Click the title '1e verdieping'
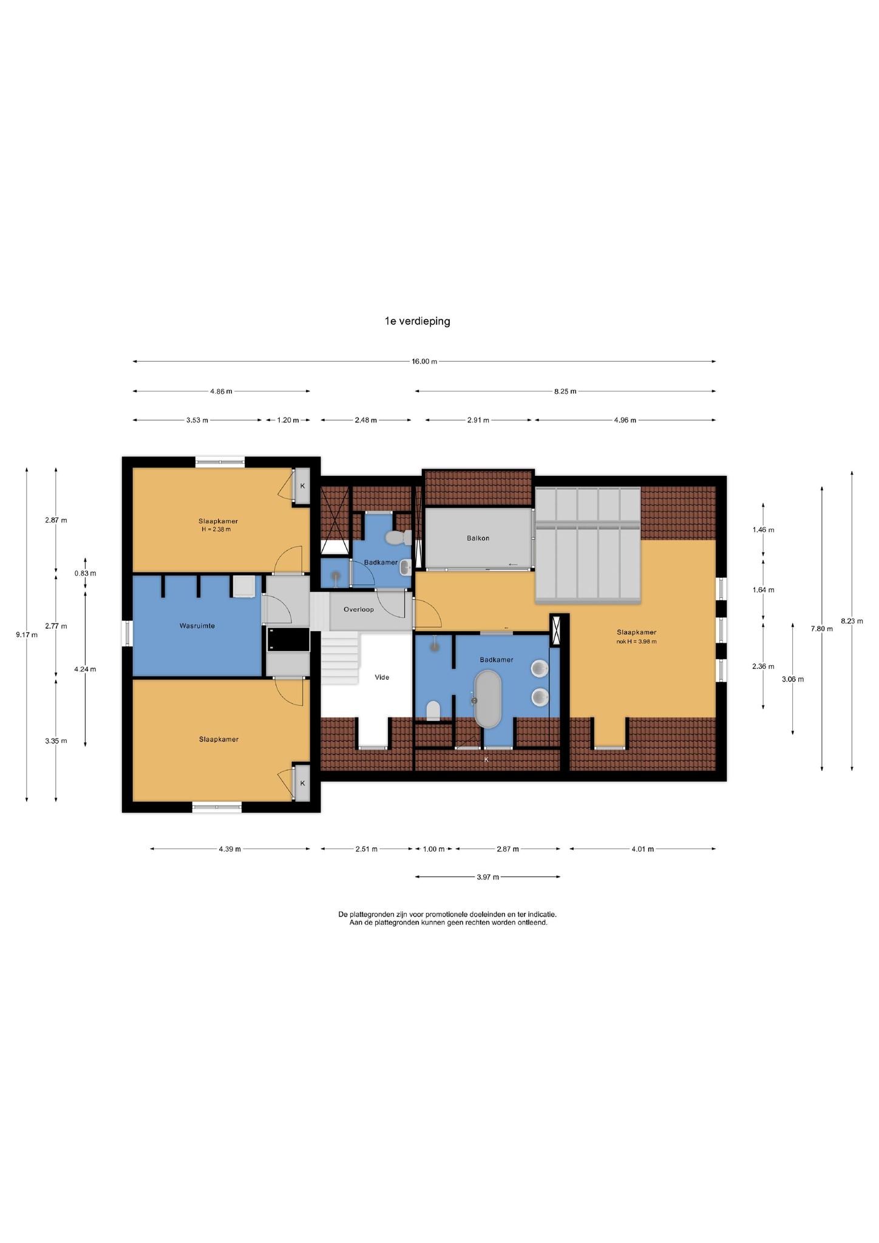[x=417, y=321]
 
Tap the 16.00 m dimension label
[x=424, y=361]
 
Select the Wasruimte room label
[x=197, y=625]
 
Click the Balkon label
[x=478, y=538]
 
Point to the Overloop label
[x=359, y=609]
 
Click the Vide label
[x=382, y=677]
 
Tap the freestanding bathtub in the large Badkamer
[x=488, y=699]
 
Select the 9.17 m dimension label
[x=27, y=635]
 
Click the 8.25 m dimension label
[x=565, y=391]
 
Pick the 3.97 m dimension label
[x=488, y=876]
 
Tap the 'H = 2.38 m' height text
[x=217, y=529]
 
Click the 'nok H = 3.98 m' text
[x=636, y=641]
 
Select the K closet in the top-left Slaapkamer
[x=302, y=486]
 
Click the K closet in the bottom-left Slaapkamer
[x=302, y=782]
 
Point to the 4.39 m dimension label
[x=230, y=848]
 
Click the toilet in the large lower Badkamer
[x=433, y=710]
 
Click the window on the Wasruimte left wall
[x=127, y=633]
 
